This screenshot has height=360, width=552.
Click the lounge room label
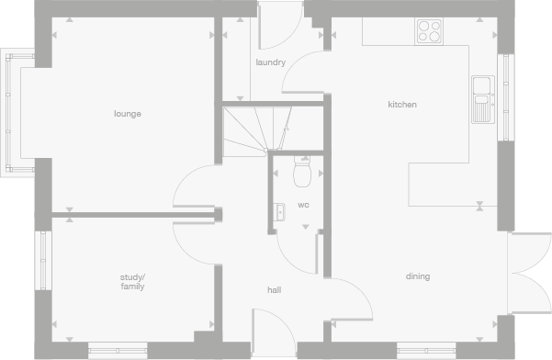(128, 114)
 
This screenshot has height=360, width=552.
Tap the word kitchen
(402, 105)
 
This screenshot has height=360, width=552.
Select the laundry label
(270, 62)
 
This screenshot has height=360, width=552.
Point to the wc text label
(303, 205)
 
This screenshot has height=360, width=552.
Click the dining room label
(418, 276)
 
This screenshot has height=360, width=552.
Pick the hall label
(274, 290)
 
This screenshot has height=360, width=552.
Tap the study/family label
(132, 281)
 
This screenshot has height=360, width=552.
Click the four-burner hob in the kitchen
(429, 31)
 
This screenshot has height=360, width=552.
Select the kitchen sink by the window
(482, 99)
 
